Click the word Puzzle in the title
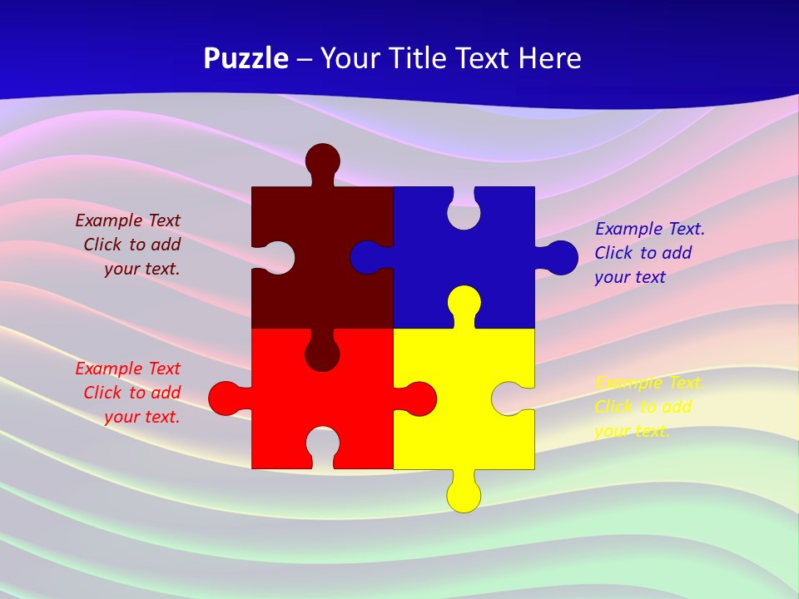(246, 59)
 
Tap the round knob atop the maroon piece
(323, 160)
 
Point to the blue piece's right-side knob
(561, 258)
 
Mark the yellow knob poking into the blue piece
(464, 303)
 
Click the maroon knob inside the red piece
(322, 353)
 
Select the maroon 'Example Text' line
(127, 220)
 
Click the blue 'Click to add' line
(643, 253)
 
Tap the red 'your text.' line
(142, 417)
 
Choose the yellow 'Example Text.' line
(650, 383)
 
